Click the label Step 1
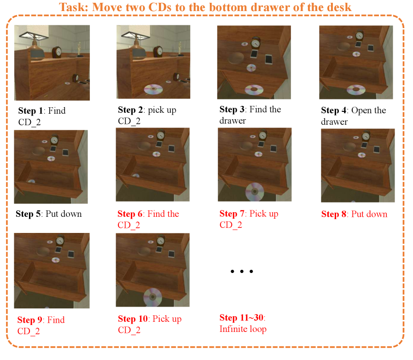pyautogui.click(x=30, y=110)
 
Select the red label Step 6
pyautogui.click(x=130, y=214)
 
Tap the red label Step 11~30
pyautogui.click(x=242, y=318)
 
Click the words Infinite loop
pyautogui.click(x=243, y=329)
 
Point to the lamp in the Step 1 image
pyautogui.click(x=34, y=45)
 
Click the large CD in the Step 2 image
pyautogui.click(x=153, y=89)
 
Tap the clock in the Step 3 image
pyautogui.click(x=255, y=43)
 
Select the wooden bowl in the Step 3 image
pyautogui.click(x=236, y=58)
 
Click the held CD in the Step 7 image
pyautogui.click(x=255, y=192)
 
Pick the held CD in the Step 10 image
pyautogui.click(x=152, y=297)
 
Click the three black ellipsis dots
pyautogui.click(x=242, y=271)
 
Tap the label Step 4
pyautogui.click(x=333, y=110)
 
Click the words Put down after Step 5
pyautogui.click(x=64, y=214)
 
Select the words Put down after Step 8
pyautogui.click(x=369, y=214)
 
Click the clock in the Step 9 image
pyautogui.click(x=60, y=240)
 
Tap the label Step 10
pyautogui.click(x=133, y=319)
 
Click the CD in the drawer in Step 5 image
pyautogui.click(x=31, y=181)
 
